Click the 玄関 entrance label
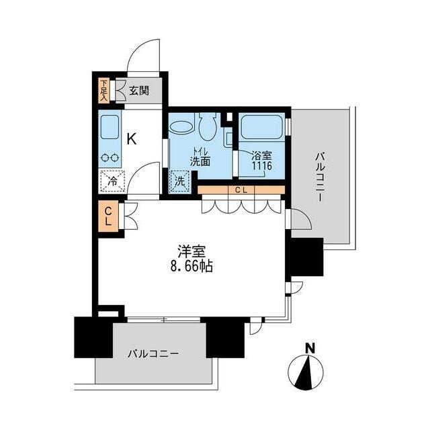coord(139,91)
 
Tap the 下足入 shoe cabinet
coord(103,91)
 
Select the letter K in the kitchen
coord(132,139)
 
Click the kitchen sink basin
coord(110,127)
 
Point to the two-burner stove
coord(110,158)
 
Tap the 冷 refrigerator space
coord(112,181)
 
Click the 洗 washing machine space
coord(179,181)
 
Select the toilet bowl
coord(208,127)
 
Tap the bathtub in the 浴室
coord(262,127)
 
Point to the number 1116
coord(262,166)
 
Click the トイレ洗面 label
coord(200,157)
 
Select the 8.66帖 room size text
coord(191,266)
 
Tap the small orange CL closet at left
coord(108,216)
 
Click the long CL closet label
coord(241,189)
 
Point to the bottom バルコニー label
coord(153,353)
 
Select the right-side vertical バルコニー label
coord(320,177)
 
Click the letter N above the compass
coord(310,348)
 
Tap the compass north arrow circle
coord(306,372)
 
